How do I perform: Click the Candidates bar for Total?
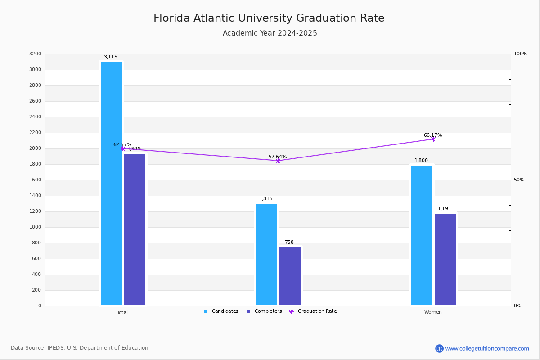click(x=111, y=184)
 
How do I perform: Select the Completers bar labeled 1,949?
click(x=135, y=229)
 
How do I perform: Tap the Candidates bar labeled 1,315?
click(x=266, y=254)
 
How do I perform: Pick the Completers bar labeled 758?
click(x=290, y=276)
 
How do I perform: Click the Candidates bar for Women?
click(x=422, y=235)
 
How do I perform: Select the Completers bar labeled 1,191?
click(x=445, y=259)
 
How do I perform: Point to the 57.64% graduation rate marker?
click(x=278, y=161)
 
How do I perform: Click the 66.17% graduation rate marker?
click(x=433, y=139)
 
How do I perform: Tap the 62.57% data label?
click(x=122, y=145)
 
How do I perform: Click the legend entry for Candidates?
click(x=221, y=311)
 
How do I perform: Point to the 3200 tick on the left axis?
click(x=35, y=54)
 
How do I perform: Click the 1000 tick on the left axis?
click(x=35, y=227)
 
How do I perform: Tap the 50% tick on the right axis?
click(x=519, y=180)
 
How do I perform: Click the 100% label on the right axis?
click(x=520, y=54)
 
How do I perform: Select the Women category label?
click(x=433, y=312)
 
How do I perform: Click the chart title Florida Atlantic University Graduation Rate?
click(x=269, y=18)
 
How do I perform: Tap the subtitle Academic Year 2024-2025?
click(x=270, y=33)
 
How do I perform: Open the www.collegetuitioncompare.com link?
click(x=487, y=348)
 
